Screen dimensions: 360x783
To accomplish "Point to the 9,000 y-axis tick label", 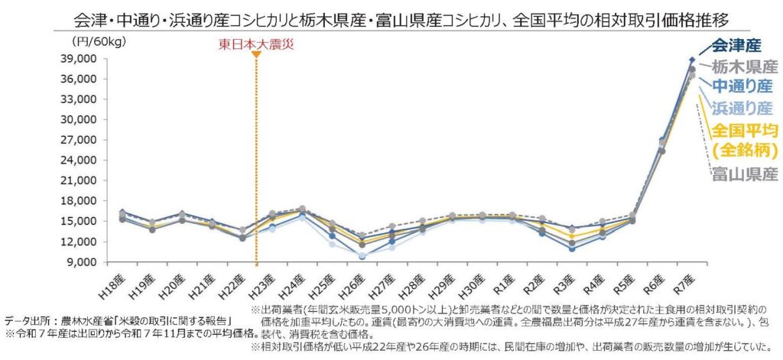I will [80, 262].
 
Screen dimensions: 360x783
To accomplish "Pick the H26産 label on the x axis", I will [361, 285].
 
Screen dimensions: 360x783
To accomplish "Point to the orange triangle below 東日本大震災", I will [255, 54].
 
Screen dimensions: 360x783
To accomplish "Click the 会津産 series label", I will [742, 47].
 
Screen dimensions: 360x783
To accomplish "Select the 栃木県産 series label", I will [744, 66].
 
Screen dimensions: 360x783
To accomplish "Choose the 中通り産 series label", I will [741, 86].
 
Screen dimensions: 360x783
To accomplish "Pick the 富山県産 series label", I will [744, 174].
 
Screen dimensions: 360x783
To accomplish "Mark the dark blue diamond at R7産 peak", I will [692, 60].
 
